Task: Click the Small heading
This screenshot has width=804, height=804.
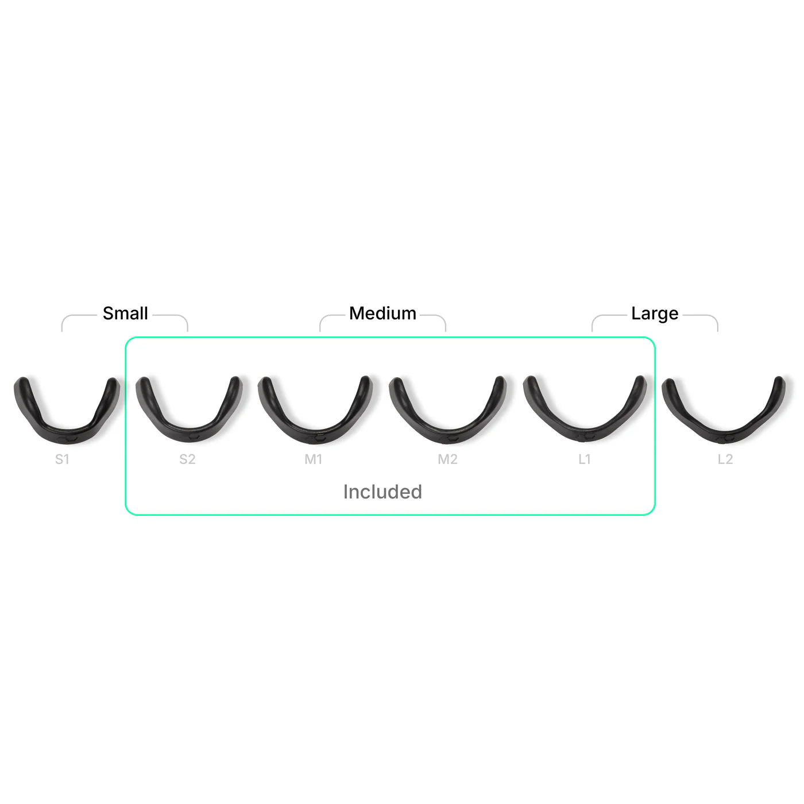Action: pyautogui.click(x=125, y=313)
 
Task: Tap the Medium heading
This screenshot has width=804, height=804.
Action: pyautogui.click(x=382, y=313)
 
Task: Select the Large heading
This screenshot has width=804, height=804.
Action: pyautogui.click(x=655, y=314)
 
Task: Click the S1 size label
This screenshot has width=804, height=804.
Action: pyautogui.click(x=62, y=459)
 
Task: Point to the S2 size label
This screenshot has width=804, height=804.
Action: pyautogui.click(x=187, y=459)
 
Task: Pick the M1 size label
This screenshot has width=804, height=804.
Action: pyautogui.click(x=314, y=459)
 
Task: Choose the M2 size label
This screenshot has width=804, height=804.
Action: pyautogui.click(x=448, y=459)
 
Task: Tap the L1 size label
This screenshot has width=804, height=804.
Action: pyautogui.click(x=585, y=459)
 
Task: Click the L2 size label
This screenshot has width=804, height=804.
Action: pyautogui.click(x=725, y=459)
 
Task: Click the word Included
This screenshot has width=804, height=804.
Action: pyautogui.click(x=382, y=492)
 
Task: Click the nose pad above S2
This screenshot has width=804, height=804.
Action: pyautogui.click(x=189, y=410)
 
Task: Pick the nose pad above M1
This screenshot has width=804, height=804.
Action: pyautogui.click(x=315, y=410)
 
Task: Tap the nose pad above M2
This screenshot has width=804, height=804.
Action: pyautogui.click(x=448, y=409)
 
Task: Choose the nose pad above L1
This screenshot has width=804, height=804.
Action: pyautogui.click(x=585, y=409)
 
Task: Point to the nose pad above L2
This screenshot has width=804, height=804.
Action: pyautogui.click(x=724, y=410)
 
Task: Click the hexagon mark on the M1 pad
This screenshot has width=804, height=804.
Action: pyautogui.click(x=319, y=438)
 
